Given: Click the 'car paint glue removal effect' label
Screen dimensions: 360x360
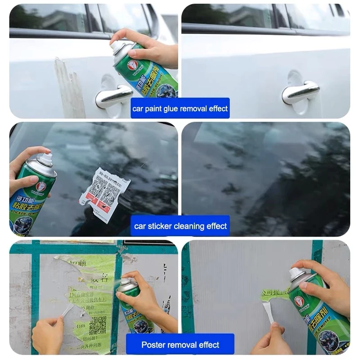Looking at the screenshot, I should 180,108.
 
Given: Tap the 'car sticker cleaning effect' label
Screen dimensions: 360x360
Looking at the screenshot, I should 180,226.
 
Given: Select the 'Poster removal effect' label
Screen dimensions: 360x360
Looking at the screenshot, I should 180,345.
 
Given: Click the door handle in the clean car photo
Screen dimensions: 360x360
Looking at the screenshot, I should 300,92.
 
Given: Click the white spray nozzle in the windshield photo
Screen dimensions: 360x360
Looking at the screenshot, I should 45,159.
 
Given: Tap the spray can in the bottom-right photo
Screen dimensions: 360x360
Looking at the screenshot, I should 319,310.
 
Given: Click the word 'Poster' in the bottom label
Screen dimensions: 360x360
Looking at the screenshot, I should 153,345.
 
